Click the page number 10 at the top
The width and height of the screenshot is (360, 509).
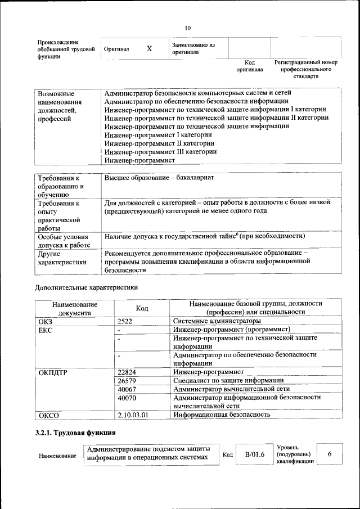pyautogui.click(x=188, y=28)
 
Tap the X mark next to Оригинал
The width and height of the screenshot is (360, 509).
pyautogui.click(x=149, y=49)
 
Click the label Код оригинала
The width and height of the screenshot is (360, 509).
pyautogui.click(x=249, y=66)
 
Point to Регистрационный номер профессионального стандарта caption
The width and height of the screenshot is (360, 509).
pyautogui.click(x=305, y=69)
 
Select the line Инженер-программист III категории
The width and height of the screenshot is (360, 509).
pyautogui.click(x=160, y=151)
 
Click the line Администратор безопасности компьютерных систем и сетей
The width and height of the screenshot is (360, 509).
pyautogui.click(x=197, y=92)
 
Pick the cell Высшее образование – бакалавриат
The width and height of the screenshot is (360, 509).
pyautogui.click(x=159, y=178)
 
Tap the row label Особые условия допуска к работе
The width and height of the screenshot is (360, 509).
pyautogui.click(x=64, y=241)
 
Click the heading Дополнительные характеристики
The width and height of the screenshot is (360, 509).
pyautogui.click(x=86, y=287)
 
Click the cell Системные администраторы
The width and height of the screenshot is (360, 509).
pyautogui.click(x=209, y=321)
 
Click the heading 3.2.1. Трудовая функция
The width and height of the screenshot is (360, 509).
pyautogui.click(x=75, y=433)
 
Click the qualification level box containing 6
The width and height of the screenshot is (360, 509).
pyautogui.click(x=330, y=453)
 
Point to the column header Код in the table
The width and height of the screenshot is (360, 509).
pyautogui.click(x=142, y=308)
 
